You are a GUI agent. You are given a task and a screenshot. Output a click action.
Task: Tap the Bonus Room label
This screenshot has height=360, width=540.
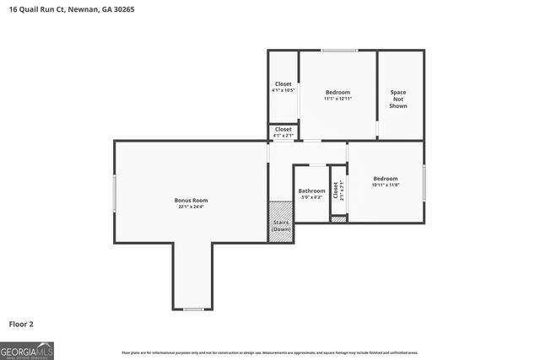191,200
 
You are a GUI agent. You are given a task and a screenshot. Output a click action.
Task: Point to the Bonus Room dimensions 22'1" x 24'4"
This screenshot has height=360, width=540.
191,207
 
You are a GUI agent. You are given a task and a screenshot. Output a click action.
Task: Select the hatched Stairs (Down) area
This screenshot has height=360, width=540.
280,223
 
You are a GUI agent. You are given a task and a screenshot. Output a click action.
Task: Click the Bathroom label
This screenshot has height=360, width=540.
311,191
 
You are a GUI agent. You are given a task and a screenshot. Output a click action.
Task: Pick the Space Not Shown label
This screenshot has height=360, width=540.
398,99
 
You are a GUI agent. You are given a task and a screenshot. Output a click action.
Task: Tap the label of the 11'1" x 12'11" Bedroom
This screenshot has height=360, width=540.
337,92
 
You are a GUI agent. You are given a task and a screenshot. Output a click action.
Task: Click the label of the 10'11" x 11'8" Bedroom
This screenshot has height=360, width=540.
386,178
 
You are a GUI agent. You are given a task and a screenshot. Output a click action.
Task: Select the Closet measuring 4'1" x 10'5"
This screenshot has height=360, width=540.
283,87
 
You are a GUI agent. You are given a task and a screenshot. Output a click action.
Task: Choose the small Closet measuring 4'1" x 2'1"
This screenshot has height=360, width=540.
283,132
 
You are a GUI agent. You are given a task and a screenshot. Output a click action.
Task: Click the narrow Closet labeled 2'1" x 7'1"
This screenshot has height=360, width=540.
337,191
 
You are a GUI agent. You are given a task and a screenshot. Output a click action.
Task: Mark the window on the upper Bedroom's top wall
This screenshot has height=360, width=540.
338,51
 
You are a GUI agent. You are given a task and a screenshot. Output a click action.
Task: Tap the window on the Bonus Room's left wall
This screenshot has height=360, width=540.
115,193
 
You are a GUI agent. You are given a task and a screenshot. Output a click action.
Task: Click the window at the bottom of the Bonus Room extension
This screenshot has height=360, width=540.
193,309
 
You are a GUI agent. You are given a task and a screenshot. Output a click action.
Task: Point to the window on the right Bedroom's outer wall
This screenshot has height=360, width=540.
424,181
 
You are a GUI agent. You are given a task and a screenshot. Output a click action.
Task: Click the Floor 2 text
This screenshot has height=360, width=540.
21,323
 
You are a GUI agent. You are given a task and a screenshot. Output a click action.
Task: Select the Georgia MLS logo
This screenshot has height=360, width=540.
27,350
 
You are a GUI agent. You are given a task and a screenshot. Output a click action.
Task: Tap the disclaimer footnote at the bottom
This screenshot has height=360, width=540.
270,352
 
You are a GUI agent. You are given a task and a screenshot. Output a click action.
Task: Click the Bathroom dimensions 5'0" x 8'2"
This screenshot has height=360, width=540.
311,197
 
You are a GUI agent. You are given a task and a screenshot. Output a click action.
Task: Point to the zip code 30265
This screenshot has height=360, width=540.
121,9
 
